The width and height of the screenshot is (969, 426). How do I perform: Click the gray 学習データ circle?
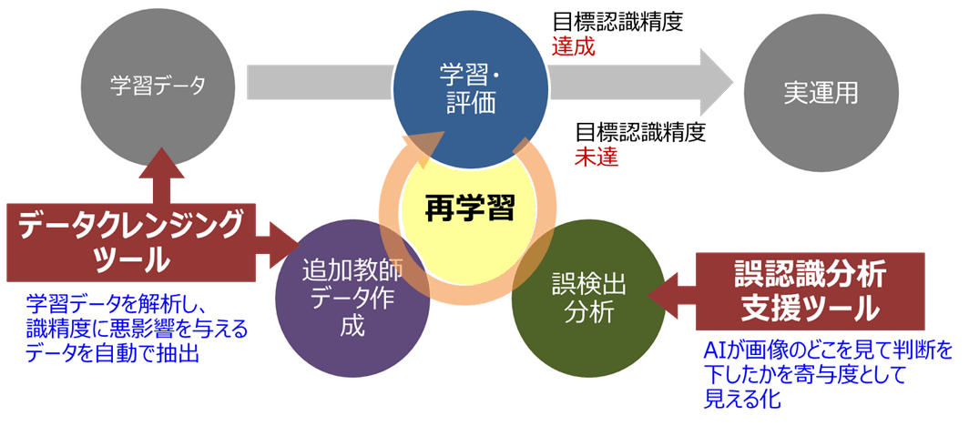[158, 86]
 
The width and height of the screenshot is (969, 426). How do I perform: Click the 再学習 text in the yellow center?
[470, 208]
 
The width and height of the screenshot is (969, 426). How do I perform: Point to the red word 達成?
[573, 46]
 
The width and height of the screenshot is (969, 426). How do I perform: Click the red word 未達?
[597, 156]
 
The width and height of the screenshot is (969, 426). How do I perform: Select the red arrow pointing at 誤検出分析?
[669, 293]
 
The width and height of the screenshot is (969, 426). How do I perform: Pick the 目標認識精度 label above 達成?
[617, 22]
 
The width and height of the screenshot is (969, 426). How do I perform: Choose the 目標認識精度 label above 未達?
[640, 132]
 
